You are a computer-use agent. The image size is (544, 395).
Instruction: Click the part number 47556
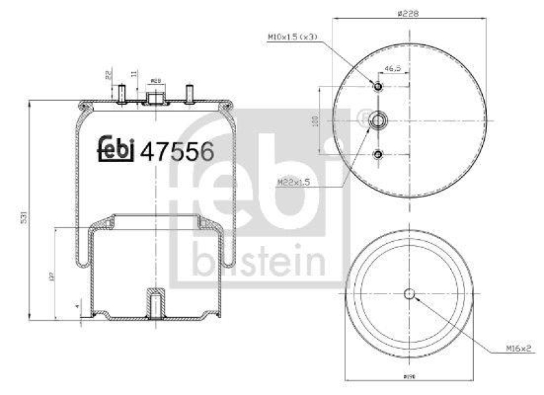pyautogui.click(x=177, y=151)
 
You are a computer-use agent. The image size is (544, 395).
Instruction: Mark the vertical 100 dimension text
pyautogui.click(x=315, y=121)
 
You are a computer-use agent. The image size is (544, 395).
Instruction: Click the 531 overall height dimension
pyautogui.click(x=24, y=218)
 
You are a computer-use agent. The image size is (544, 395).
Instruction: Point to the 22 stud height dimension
pyautogui.click(x=107, y=75)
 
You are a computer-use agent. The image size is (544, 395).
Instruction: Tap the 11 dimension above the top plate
pyautogui.click(x=134, y=73)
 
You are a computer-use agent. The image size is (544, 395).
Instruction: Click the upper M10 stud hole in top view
pyautogui.click(x=379, y=86)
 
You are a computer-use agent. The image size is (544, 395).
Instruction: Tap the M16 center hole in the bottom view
pyautogui.click(x=409, y=294)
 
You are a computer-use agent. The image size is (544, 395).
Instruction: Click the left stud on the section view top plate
pyautogui.click(x=121, y=93)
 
